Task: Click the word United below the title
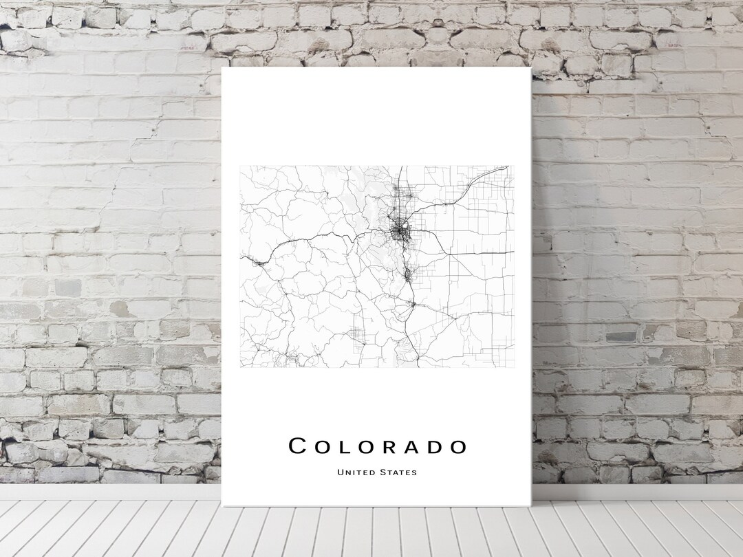click(356, 472)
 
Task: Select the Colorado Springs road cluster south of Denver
click(407, 275)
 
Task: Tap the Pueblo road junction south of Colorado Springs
click(411, 303)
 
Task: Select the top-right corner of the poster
click(532, 68)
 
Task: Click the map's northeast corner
click(514, 166)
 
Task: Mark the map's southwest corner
click(240, 367)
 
